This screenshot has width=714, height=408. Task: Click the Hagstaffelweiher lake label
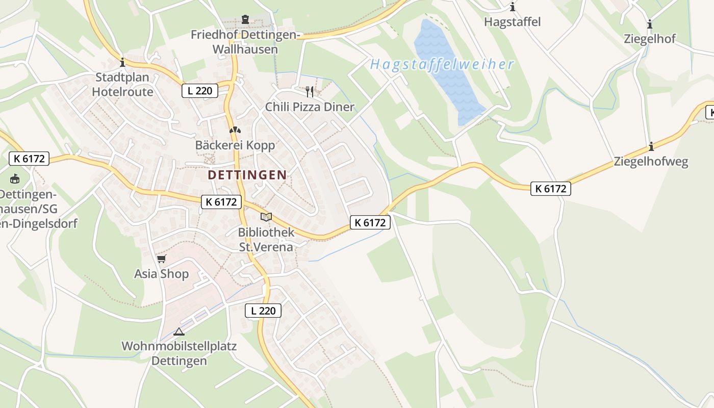click(442, 65)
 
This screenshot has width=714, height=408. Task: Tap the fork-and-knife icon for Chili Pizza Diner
click(310, 92)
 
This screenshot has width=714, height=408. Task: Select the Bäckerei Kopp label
click(235, 145)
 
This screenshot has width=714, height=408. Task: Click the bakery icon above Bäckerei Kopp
click(235, 131)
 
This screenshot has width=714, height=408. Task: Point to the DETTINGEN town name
click(247, 175)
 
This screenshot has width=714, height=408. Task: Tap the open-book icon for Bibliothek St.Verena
click(266, 217)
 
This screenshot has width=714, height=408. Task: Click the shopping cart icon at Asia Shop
click(162, 259)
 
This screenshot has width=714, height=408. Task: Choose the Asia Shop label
click(161, 274)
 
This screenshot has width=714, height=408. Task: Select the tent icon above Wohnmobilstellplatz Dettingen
click(178, 331)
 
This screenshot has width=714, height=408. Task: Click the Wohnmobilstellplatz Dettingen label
click(179, 353)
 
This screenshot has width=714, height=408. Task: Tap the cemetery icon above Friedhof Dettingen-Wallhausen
click(245, 20)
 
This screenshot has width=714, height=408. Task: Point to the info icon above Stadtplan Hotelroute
click(122, 63)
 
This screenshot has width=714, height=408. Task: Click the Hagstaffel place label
click(512, 22)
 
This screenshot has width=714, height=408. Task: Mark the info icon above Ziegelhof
click(650, 24)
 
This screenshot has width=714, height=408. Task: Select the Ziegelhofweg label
click(651, 162)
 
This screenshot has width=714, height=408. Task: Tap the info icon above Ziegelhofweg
click(651, 147)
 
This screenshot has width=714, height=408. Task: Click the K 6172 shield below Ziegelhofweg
click(551, 189)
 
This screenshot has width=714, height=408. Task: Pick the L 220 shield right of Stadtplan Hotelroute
click(200, 91)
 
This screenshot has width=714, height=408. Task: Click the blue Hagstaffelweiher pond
click(446, 71)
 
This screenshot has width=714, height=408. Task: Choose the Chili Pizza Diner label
click(310, 107)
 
